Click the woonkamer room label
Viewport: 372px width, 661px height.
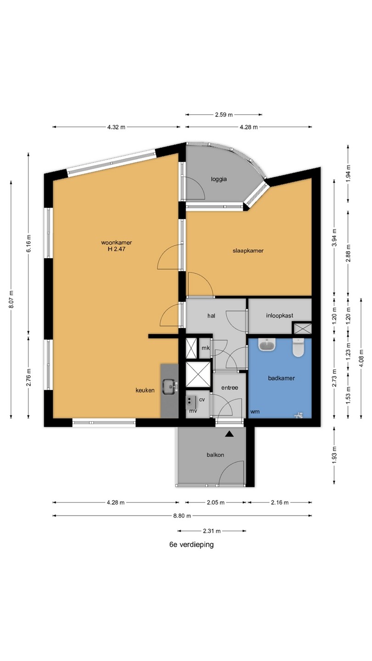116,242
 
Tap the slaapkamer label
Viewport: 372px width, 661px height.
248,251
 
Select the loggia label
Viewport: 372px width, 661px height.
219,179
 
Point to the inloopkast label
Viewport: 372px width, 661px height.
280,315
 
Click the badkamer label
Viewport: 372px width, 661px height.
282,378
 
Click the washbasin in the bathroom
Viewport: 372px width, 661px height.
267,345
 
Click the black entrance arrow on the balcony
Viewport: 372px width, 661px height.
230,434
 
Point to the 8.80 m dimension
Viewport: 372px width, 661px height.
182,515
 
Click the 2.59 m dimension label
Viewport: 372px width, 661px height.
224,114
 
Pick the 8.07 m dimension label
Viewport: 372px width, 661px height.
11,299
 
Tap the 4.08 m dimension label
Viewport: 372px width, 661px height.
361,358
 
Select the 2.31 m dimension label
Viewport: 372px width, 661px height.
212,531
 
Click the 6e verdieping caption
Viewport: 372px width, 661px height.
192,544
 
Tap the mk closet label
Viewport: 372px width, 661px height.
205,348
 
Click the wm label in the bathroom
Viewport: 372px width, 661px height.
255,411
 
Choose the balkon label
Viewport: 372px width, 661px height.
215,455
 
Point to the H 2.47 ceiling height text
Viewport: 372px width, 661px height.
116,249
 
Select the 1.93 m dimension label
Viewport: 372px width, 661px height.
334,455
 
